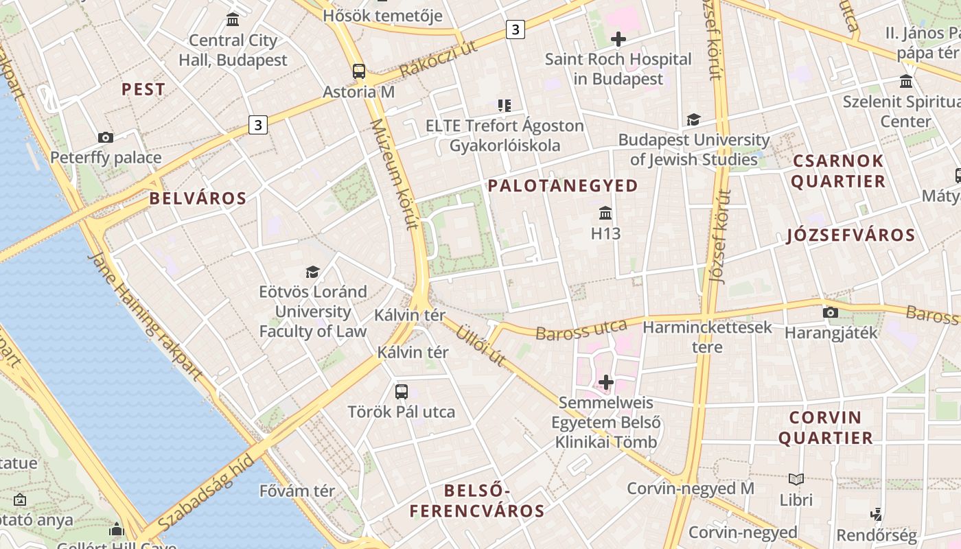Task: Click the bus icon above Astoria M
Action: pyautogui.click(x=358, y=71)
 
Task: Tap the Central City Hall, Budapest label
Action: pyautogui.click(x=233, y=50)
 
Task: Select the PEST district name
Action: pyautogui.click(x=143, y=89)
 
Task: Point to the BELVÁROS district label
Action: pyautogui.click(x=198, y=199)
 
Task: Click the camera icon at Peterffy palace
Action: pyautogui.click(x=105, y=138)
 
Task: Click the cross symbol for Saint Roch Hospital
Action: pyautogui.click(x=618, y=39)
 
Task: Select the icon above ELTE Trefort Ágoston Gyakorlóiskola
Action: pyautogui.click(x=505, y=106)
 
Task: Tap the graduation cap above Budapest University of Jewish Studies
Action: pyautogui.click(x=693, y=120)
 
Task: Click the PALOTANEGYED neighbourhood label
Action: pyautogui.click(x=563, y=185)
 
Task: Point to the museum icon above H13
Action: pyautogui.click(x=605, y=213)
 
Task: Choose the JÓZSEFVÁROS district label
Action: pyautogui.click(x=850, y=235)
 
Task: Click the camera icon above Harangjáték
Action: pyautogui.click(x=831, y=313)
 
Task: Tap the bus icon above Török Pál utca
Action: pyautogui.click(x=402, y=392)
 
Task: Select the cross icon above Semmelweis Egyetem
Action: pyautogui.click(x=605, y=382)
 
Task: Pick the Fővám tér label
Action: pyautogui.click(x=297, y=491)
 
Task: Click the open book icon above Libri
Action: pyautogui.click(x=796, y=480)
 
